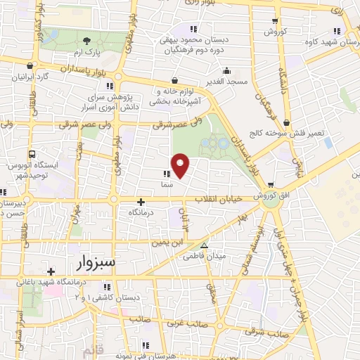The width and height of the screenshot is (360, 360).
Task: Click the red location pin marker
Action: pyautogui.click(x=181, y=166)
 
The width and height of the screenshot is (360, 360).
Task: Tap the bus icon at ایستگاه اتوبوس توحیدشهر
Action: pyautogui.click(x=32, y=154)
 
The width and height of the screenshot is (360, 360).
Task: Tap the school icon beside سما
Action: pyautogui.click(x=166, y=174)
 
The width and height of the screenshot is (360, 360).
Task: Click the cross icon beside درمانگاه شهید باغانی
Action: pyautogui.click(x=50, y=271)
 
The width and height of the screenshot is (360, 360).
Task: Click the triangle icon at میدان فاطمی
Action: pyautogui.click(x=204, y=245)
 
